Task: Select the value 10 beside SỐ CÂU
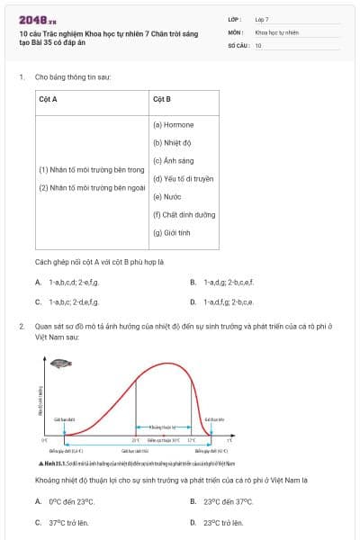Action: click(258, 44)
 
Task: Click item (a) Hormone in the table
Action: click(173, 124)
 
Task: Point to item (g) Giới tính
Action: click(172, 232)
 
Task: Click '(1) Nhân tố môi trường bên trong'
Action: click(91, 169)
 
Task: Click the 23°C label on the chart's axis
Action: click(136, 440)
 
